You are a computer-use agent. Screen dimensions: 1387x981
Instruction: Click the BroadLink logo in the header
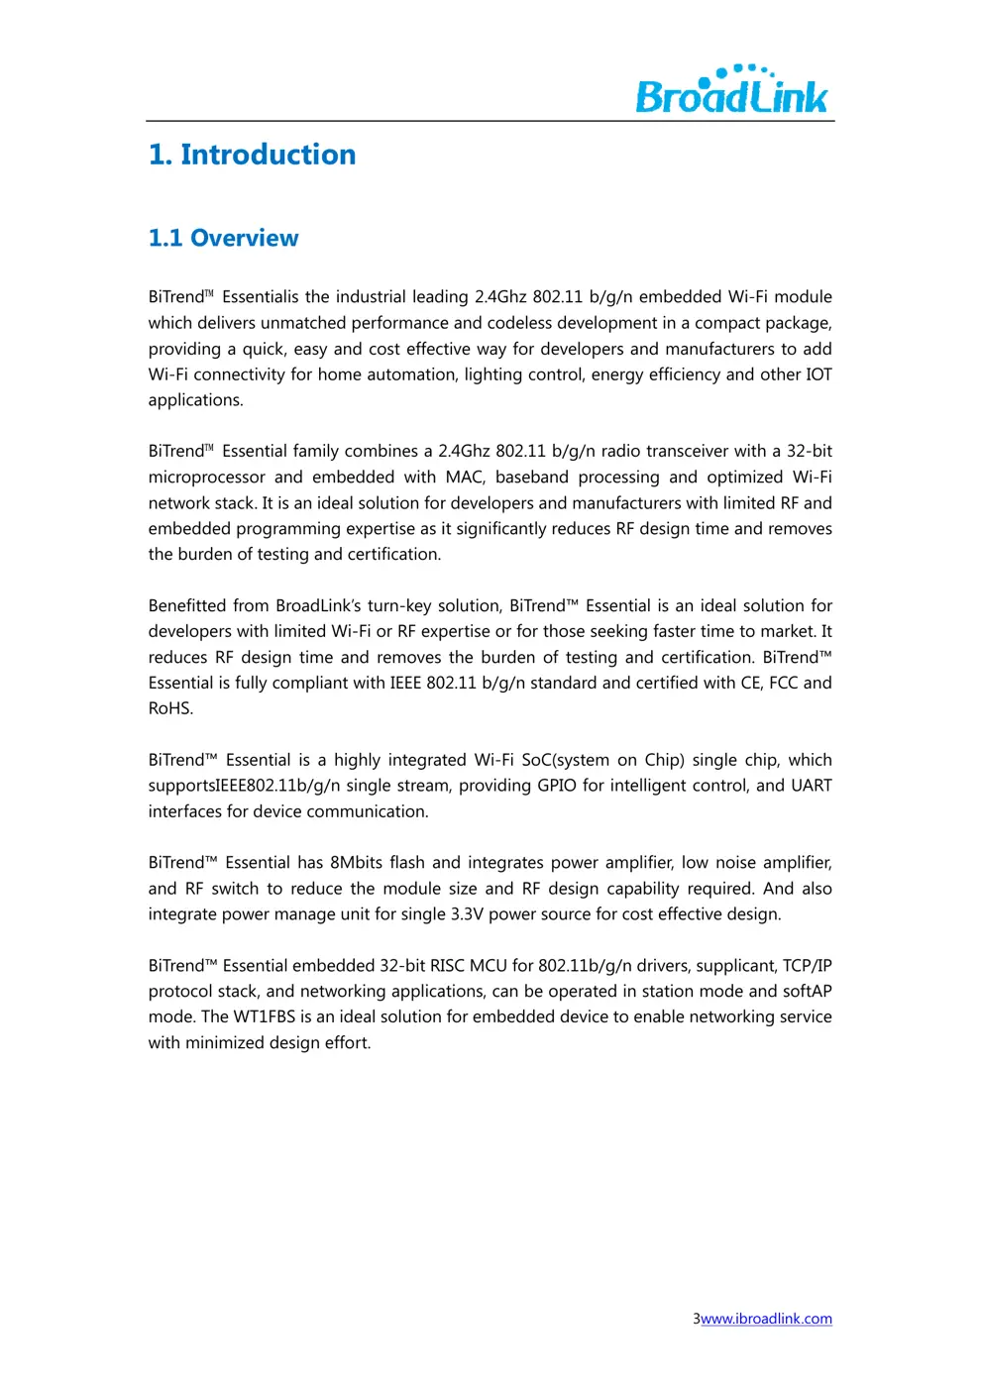pos(731,90)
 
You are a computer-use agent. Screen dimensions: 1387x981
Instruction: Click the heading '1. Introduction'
pos(252,155)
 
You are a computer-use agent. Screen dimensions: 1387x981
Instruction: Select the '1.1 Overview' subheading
pos(223,238)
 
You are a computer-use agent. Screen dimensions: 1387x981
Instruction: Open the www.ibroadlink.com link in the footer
pos(766,1319)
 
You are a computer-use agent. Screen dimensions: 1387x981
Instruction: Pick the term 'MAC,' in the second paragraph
pos(465,478)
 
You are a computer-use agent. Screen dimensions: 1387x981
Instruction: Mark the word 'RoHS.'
pos(170,709)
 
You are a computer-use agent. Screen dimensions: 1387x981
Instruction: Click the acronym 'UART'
pos(811,786)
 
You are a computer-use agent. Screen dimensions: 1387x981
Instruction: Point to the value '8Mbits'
pos(356,863)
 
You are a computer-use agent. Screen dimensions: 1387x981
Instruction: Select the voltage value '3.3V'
pos(467,914)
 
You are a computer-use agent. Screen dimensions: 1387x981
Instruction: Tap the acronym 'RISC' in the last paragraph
pos(447,966)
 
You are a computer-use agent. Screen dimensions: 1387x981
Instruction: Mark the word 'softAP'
pos(807,992)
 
